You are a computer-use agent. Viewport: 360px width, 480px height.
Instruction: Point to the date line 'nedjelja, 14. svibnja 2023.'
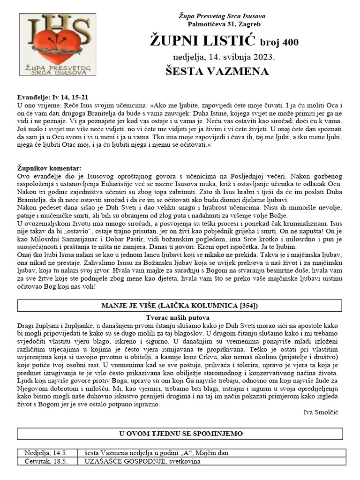221,57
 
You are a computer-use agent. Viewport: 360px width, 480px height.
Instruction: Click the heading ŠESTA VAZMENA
217,72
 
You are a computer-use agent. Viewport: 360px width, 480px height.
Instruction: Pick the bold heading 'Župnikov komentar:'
49,168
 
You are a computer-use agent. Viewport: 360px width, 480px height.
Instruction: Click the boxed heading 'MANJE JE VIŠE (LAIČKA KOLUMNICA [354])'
180,306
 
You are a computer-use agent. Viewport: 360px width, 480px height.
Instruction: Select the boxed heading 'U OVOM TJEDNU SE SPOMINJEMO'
180,434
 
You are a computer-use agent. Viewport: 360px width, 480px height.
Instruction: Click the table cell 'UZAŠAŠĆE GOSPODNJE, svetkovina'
142,461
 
